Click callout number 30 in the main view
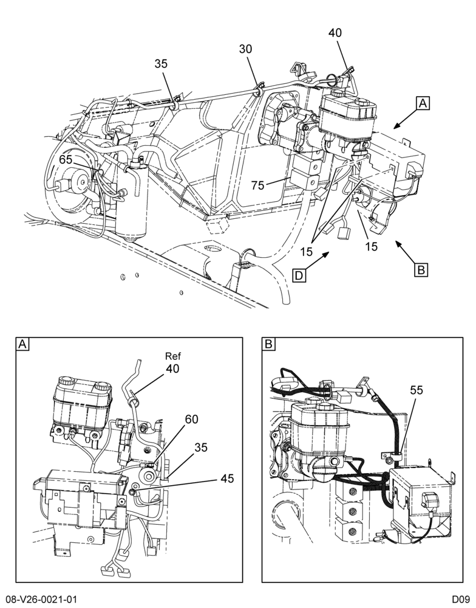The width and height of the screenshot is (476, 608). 245,49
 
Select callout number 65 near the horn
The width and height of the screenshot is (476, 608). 66,160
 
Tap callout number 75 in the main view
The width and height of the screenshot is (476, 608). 257,185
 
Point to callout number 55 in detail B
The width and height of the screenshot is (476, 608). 416,390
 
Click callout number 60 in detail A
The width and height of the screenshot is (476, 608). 191,419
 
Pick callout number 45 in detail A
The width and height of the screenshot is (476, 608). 227,478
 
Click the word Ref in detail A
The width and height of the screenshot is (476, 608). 173,356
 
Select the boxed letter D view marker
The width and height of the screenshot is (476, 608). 299,275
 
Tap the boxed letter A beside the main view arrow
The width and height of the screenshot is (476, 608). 423,103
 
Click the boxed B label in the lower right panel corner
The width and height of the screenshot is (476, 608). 268,344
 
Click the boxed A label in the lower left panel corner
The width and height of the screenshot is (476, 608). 22,344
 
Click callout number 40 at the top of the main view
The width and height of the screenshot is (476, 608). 335,33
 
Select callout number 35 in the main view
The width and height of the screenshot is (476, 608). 161,64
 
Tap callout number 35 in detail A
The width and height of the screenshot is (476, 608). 200,447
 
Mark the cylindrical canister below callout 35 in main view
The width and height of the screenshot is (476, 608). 132,199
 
